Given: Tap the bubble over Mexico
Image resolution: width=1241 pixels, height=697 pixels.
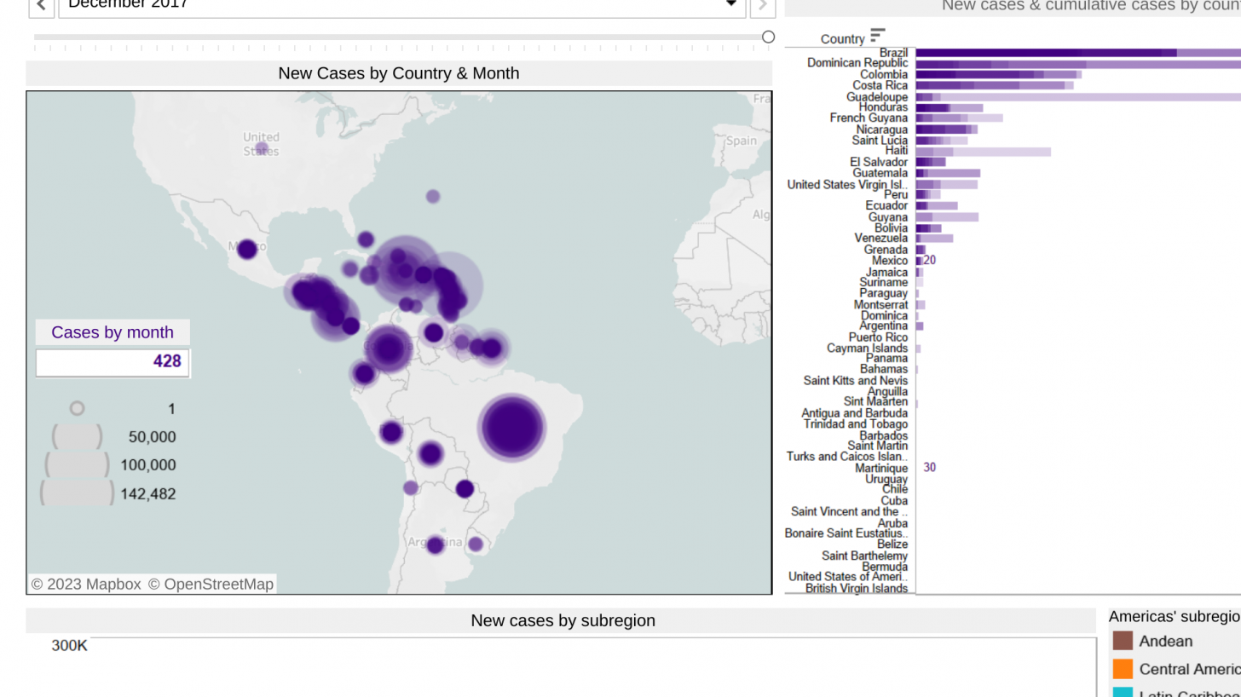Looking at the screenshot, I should pos(247,250).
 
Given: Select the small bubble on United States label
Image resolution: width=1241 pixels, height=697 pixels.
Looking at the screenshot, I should pos(262,149).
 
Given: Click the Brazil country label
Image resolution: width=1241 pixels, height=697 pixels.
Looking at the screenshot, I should pos(893,53).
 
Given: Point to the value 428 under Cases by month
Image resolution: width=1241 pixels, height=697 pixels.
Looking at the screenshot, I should pos(167,361).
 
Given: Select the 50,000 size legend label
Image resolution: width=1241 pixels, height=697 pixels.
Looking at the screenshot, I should pos(152,437).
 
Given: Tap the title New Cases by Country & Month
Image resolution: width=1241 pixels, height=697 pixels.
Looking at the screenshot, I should pos(398,73).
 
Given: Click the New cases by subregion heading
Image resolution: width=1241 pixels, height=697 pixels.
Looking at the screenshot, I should pos(563,620).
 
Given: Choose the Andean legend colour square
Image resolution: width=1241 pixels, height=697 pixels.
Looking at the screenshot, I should pos(1123,641).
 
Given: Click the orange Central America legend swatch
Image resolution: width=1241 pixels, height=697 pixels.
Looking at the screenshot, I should pos(1123,669).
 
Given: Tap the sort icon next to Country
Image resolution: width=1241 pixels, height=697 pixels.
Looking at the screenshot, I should pos(878,36).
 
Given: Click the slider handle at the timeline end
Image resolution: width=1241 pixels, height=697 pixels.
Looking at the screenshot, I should pos(768,37).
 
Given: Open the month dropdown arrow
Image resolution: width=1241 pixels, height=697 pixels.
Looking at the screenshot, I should pos(730,5).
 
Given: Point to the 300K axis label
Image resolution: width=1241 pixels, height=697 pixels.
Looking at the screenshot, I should pos(69,646).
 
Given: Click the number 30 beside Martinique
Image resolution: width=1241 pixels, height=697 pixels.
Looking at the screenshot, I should pos(929,468).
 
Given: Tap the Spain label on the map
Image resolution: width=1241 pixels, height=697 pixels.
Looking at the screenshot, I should pos(741,141).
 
